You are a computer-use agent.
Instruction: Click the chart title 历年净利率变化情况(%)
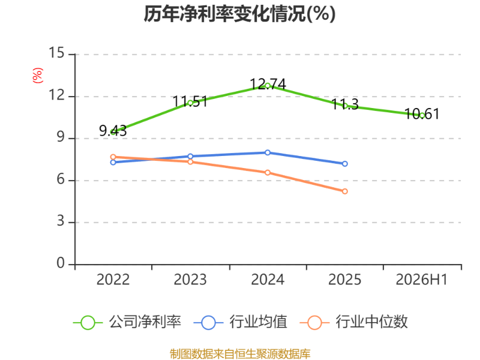[x=239, y=14]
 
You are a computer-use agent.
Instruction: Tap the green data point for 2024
[x=268, y=86]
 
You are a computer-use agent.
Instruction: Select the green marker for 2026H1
[x=422, y=115]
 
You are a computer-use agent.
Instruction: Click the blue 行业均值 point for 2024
[x=268, y=152]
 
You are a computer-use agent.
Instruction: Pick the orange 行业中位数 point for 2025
[x=344, y=191]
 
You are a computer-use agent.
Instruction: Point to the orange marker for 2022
[x=113, y=157]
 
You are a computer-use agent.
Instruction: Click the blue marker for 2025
[x=344, y=164]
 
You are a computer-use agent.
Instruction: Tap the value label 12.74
[x=268, y=84]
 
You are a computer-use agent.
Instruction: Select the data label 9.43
[x=113, y=131]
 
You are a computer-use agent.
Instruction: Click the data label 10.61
[x=422, y=114]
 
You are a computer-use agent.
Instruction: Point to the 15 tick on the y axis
[x=56, y=53]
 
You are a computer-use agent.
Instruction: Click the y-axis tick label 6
[x=61, y=179]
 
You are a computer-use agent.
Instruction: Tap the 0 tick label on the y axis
[x=61, y=263]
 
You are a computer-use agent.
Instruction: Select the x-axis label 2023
[x=190, y=280]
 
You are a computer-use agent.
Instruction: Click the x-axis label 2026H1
[x=422, y=280]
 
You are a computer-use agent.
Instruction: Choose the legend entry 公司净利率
[x=127, y=322]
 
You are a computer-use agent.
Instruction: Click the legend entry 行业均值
[x=241, y=322]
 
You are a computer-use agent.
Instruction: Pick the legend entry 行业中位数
[x=354, y=322]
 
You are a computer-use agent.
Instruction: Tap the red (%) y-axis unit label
[x=38, y=76]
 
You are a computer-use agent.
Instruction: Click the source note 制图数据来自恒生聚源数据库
[x=240, y=354]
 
